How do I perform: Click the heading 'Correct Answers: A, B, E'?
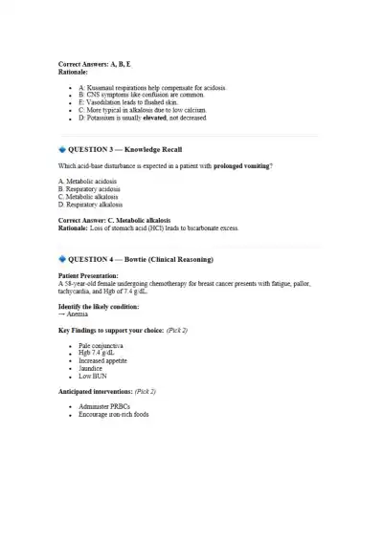[95, 64]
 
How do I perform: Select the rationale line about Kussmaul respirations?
[152, 87]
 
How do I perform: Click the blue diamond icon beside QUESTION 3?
[62, 150]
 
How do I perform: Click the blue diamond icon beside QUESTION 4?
[62, 259]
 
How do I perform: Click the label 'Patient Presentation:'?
[90, 275]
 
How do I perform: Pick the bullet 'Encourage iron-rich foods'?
[114, 414]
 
